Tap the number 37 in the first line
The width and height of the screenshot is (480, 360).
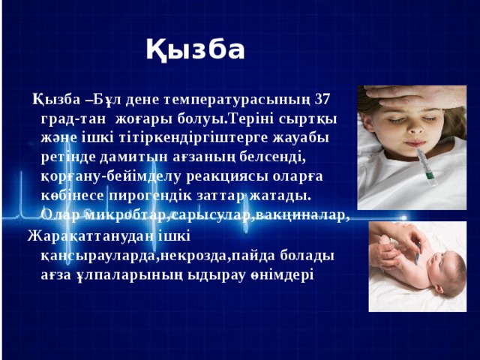(x=321, y=99)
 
